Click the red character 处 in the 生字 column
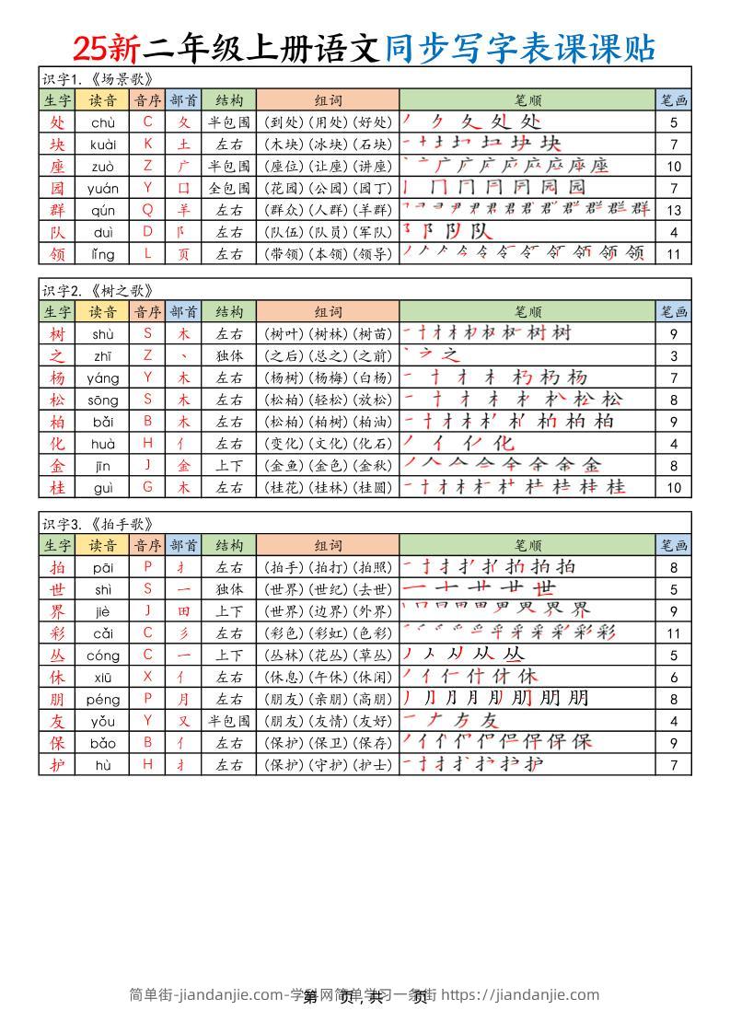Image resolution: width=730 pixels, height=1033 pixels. [x=57, y=122]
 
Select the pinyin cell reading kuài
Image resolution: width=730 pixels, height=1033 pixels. [x=103, y=144]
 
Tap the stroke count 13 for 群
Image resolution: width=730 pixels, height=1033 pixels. [x=674, y=209]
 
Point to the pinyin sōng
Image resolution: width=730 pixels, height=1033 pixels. [x=103, y=400]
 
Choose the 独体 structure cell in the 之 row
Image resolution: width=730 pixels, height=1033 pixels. [x=229, y=355]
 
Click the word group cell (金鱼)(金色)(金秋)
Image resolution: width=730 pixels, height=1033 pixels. [x=328, y=465]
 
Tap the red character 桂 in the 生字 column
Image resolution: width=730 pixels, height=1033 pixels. [x=57, y=487]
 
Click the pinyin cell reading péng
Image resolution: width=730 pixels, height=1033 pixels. [x=103, y=699]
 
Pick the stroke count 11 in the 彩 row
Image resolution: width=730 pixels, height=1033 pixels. [x=674, y=633]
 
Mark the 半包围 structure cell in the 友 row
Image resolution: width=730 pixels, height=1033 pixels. [x=229, y=721]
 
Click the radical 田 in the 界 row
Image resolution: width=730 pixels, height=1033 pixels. [x=184, y=611]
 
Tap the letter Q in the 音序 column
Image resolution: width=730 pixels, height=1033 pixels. [x=147, y=209]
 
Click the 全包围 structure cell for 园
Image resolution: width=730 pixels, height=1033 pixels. [x=229, y=188]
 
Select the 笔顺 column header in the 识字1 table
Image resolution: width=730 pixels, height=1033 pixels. [x=527, y=100]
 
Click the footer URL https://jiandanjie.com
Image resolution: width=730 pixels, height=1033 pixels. [x=520, y=994]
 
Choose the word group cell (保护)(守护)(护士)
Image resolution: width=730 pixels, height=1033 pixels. [x=328, y=765]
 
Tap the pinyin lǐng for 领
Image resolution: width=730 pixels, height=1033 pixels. [x=103, y=253]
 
